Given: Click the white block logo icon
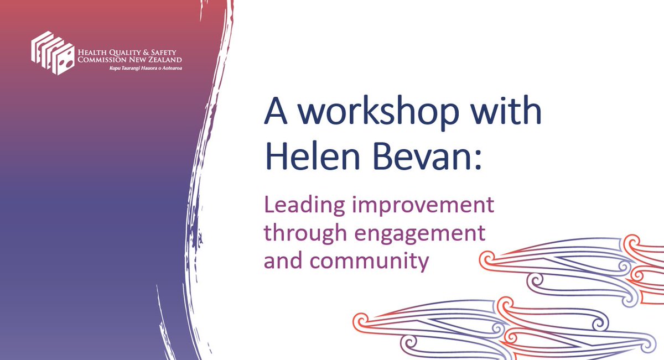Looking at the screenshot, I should pos(53,53).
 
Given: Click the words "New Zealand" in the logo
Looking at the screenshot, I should pos(157,60).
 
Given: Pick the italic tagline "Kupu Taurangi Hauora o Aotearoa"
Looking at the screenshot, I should pos(146,67).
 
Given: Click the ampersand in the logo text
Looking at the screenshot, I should pos(145,53).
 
